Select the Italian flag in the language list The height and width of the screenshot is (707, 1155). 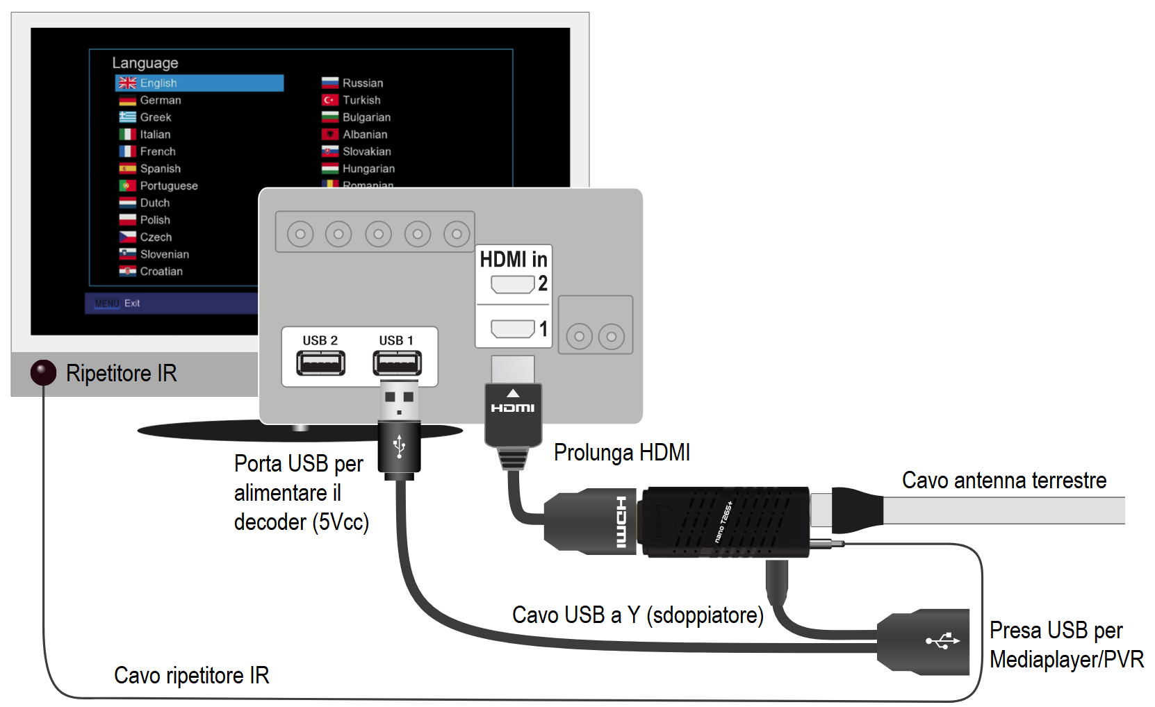tap(127, 135)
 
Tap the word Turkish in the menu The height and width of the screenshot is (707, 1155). tap(361, 100)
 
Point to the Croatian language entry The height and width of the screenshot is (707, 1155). tap(161, 272)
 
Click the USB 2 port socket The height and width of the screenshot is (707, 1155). tap(320, 363)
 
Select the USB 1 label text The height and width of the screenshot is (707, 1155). tap(396, 340)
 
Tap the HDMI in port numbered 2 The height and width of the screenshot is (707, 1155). tap(513, 284)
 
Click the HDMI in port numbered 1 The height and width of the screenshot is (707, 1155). tap(513, 328)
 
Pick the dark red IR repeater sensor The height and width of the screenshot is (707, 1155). tap(43, 373)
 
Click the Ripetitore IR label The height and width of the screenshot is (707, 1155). tap(122, 374)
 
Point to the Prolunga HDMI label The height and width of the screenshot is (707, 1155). tap(622, 453)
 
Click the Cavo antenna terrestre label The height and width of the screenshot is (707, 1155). tap(1004, 481)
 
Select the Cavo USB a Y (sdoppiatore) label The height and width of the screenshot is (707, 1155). tap(638, 615)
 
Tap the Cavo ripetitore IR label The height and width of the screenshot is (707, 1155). tap(192, 676)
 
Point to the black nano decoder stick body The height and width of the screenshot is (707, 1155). tap(726, 522)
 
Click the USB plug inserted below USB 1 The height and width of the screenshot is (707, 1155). tap(399, 431)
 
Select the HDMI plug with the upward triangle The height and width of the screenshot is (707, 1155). tap(513, 413)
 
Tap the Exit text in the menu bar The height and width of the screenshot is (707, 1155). tap(132, 303)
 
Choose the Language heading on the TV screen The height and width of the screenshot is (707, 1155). tap(145, 63)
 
